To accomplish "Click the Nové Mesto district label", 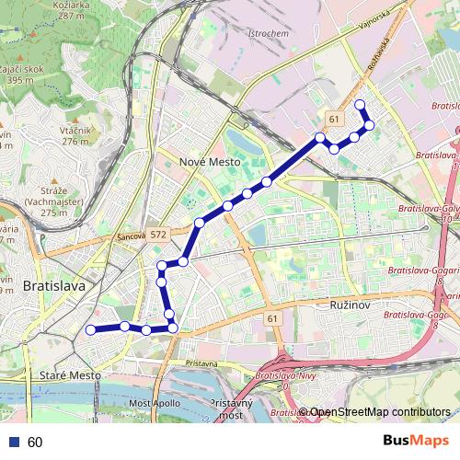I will coord(210,162).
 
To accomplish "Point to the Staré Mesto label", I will coord(71,375).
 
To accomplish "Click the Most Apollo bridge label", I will coord(155,404).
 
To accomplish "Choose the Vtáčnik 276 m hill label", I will coord(75,135).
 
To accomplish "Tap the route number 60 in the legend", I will coord(35,442).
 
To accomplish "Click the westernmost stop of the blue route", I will coord(90,329).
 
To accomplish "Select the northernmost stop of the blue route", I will coord(360,104).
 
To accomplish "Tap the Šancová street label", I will coord(132,237).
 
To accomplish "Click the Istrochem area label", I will coord(269,33).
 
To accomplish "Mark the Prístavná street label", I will coord(201,363).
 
